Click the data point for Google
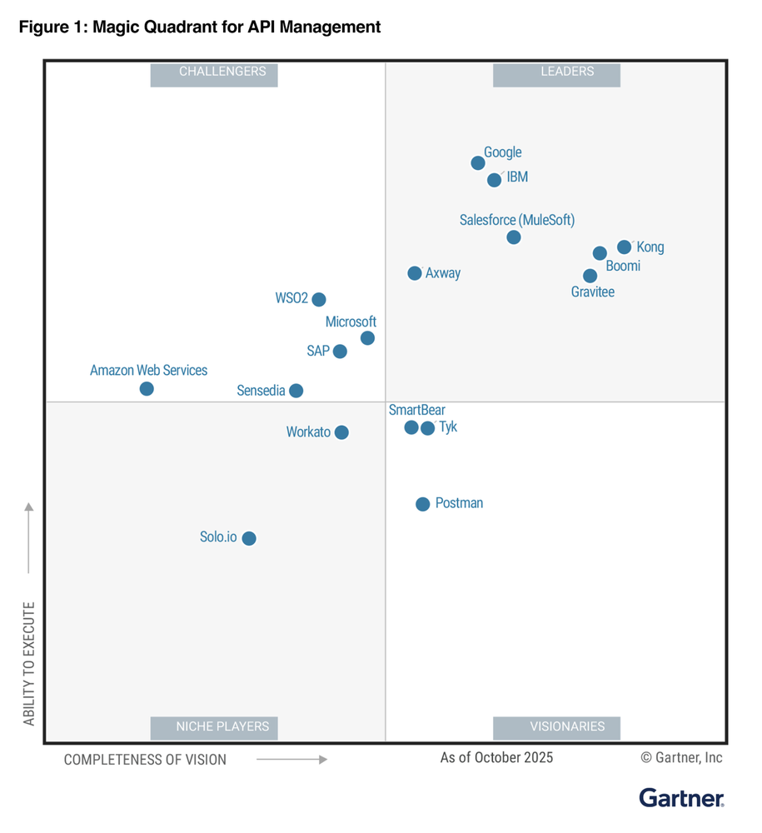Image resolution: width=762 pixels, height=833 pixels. (478, 162)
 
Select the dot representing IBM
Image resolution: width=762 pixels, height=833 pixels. (494, 180)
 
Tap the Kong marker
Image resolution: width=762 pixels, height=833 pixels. (624, 247)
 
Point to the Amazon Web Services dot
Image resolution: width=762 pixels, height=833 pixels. (147, 389)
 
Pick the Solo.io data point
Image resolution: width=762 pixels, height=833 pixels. (249, 538)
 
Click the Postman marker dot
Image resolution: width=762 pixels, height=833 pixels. (423, 504)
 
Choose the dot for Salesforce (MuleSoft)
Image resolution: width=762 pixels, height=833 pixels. (514, 237)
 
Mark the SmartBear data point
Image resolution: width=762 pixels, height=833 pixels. (411, 427)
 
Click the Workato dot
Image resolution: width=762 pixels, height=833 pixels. (341, 432)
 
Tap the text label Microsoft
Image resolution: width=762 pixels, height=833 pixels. (351, 322)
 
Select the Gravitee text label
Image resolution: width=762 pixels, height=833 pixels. (593, 292)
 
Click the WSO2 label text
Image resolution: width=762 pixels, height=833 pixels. (291, 298)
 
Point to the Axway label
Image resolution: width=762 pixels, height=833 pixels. (443, 273)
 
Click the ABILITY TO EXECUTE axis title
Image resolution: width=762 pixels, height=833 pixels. (29, 663)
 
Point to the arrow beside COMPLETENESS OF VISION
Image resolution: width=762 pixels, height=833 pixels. (291, 759)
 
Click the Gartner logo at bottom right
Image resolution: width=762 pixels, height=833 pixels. (681, 797)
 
